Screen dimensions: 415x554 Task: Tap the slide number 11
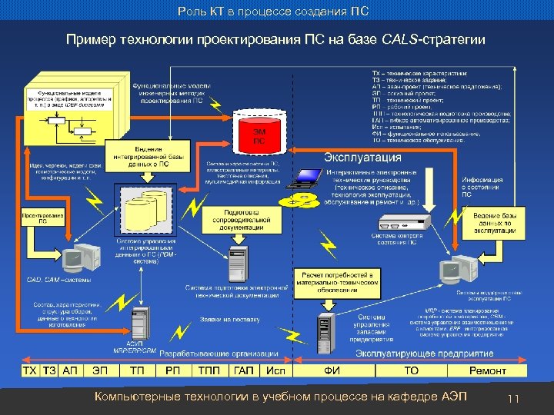(x=514, y=398)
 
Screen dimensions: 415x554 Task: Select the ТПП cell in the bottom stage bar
(x=209, y=370)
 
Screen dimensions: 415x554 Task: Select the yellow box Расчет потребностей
(x=337, y=283)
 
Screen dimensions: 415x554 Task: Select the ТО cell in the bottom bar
(x=411, y=370)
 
